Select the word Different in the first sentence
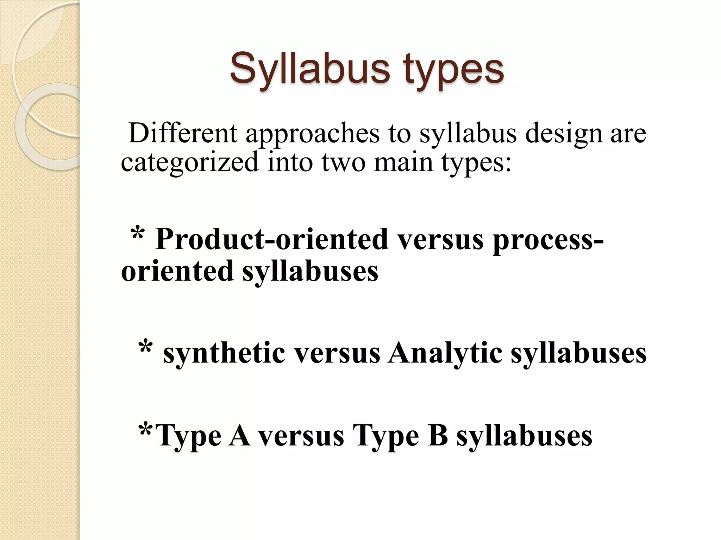click(183, 134)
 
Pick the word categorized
click(190, 163)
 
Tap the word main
click(403, 163)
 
